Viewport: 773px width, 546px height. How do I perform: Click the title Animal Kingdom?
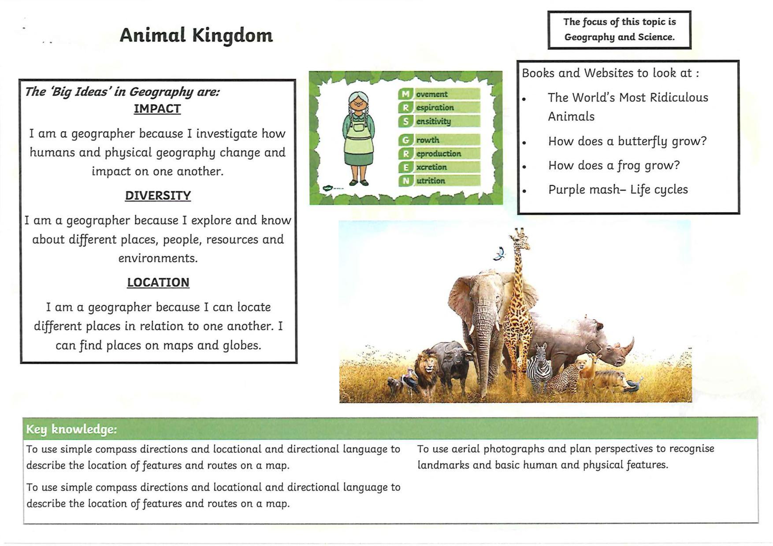[196, 36]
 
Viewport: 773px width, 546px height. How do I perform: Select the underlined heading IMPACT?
[157, 109]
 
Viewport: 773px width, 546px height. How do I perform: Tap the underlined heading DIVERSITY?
[158, 196]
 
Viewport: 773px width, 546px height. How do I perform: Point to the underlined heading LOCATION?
[158, 282]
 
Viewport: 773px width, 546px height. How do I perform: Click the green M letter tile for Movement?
[405, 94]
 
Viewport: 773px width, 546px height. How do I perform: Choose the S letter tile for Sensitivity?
[405, 121]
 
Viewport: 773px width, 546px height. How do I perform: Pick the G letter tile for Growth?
[405, 140]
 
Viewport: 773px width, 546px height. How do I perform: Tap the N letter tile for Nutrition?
[405, 181]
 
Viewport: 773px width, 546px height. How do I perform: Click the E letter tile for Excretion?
[405, 167]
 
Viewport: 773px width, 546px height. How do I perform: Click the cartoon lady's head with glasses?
[359, 103]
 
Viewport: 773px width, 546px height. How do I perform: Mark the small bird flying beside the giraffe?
[499, 254]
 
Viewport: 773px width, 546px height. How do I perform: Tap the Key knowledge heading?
[71, 429]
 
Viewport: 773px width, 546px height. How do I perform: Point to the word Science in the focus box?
[656, 37]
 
